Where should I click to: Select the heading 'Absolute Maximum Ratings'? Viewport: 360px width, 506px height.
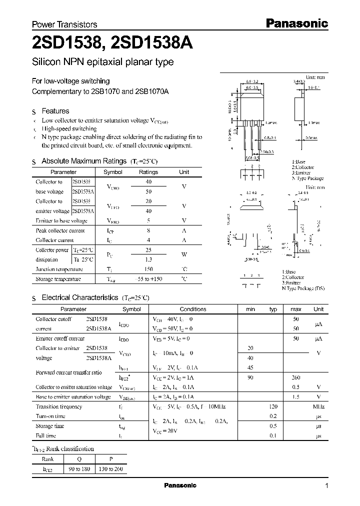pos(83,161)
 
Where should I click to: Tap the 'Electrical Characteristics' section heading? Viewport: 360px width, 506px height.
pos(79,297)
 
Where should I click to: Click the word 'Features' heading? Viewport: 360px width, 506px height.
pos(55,111)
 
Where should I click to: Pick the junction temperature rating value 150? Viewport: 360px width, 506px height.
pos(148,269)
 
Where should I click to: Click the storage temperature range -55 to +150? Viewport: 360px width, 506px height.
pos(148,279)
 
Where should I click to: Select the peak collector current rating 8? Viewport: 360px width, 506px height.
pos(148,230)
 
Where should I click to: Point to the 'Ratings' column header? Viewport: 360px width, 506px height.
pos(148,172)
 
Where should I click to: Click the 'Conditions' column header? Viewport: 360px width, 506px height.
pos(193,309)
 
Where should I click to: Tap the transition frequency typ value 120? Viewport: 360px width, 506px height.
pos(273,406)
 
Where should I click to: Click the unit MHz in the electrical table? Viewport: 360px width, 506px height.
pos(318,406)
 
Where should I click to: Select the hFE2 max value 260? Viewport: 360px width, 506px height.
pos(295,377)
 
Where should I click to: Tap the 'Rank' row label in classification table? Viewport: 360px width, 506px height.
pos(48,459)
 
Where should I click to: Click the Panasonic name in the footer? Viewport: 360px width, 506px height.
pos(180,485)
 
